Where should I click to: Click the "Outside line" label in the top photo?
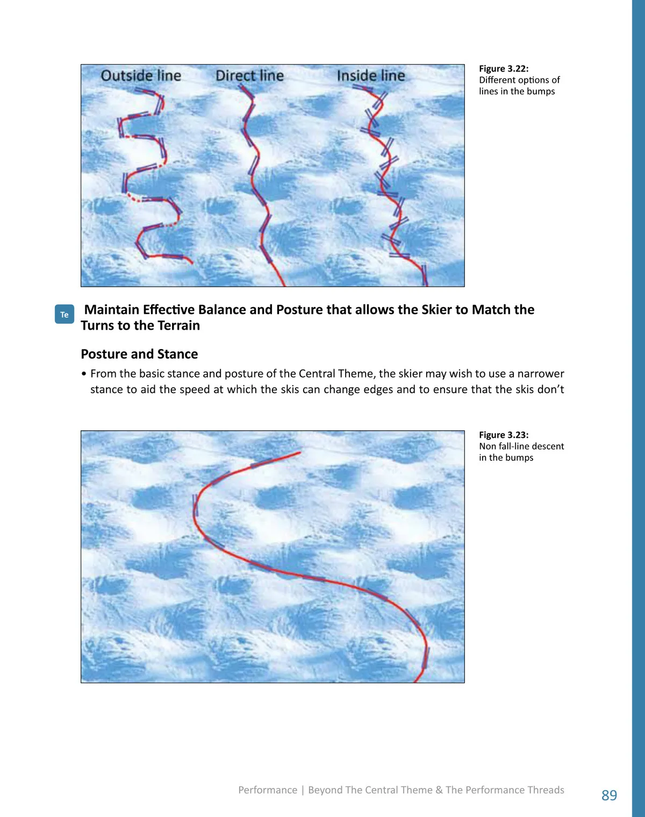pos(141,75)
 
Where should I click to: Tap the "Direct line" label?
pos(249,75)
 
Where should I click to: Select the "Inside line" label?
pos(371,75)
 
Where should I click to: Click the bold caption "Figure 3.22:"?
pos(504,69)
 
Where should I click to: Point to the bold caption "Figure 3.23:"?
pos(504,435)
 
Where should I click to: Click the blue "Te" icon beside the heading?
pos(64,314)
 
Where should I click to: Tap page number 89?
pos(610,794)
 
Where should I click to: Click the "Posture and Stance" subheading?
pos(139,354)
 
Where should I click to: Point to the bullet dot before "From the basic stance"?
pos(84,374)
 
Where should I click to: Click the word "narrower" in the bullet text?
pos(541,374)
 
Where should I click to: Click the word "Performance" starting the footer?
pos(268,790)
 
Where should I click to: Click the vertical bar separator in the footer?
pos(303,790)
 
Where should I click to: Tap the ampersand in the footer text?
pos(439,790)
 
